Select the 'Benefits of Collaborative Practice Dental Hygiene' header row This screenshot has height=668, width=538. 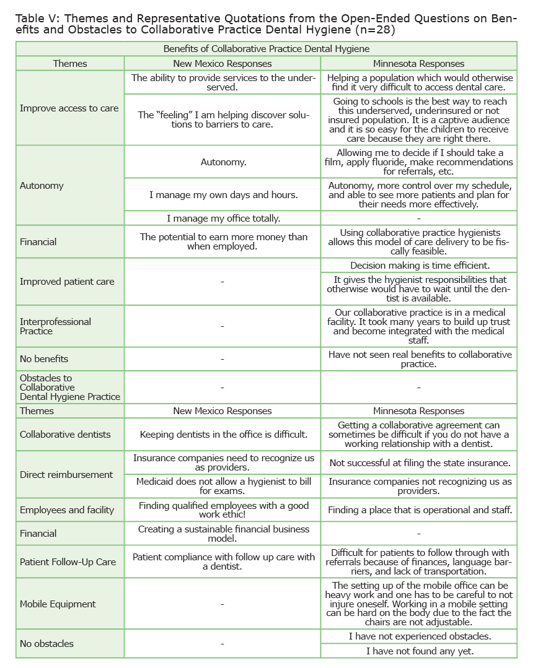[x=267, y=48]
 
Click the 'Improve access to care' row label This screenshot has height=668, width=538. [x=69, y=108]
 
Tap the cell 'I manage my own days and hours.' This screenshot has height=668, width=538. [x=223, y=194]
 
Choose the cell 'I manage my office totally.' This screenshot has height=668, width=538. [x=223, y=218]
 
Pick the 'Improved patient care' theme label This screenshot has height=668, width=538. [x=67, y=282]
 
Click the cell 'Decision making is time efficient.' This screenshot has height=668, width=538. [x=420, y=266]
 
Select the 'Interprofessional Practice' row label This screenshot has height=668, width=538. [x=55, y=326]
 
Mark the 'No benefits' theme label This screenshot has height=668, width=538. [x=44, y=359]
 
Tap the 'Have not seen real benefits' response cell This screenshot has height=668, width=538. [x=420, y=359]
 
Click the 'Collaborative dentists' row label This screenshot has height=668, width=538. [x=65, y=435]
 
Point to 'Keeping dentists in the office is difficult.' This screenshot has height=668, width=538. [x=223, y=435]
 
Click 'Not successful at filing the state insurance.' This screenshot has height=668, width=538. [x=420, y=463]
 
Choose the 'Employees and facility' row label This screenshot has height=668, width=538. [x=67, y=510]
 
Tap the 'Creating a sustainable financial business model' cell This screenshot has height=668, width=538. [x=223, y=534]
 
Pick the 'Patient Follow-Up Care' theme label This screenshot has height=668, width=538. [x=68, y=562]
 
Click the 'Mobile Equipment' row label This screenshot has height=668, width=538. [x=58, y=604]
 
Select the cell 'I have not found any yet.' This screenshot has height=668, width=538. [x=420, y=651]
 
